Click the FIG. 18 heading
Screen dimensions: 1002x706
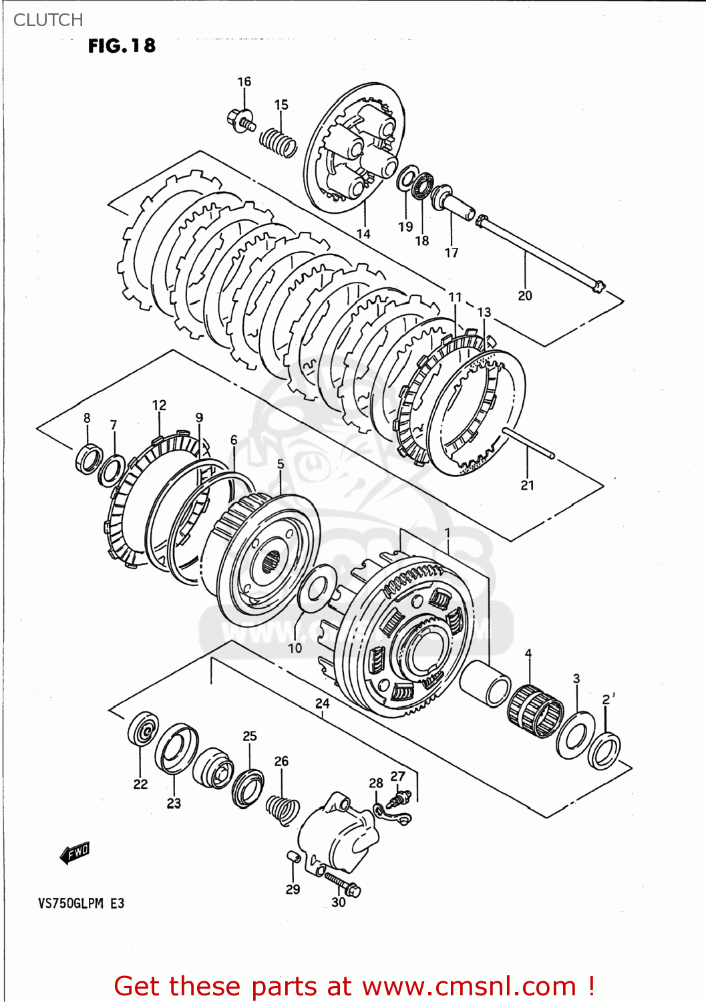[122, 45]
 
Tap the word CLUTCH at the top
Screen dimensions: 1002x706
[48, 20]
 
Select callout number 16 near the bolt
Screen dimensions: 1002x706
[244, 81]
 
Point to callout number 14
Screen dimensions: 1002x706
[363, 234]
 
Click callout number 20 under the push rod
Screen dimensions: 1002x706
[525, 295]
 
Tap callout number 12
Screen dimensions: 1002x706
[159, 405]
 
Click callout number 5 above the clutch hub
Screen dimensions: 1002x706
[281, 464]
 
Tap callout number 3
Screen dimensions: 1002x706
[576, 679]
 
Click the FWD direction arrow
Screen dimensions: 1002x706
[74, 853]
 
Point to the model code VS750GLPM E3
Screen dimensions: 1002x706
[81, 904]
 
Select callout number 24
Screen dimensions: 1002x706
[323, 703]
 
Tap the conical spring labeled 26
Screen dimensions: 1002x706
[282, 807]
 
